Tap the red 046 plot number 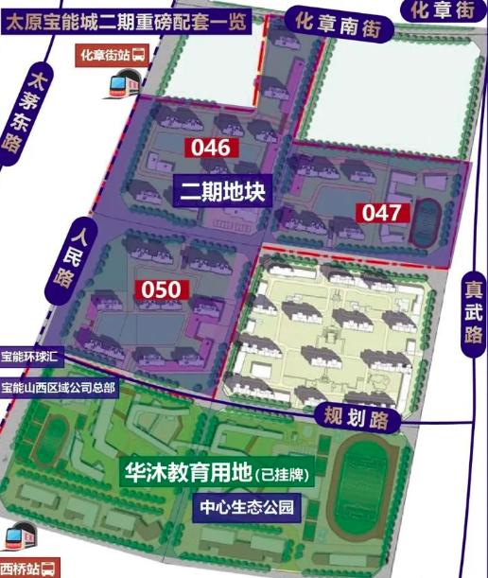click(x=210, y=148)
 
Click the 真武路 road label click(x=473, y=313)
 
